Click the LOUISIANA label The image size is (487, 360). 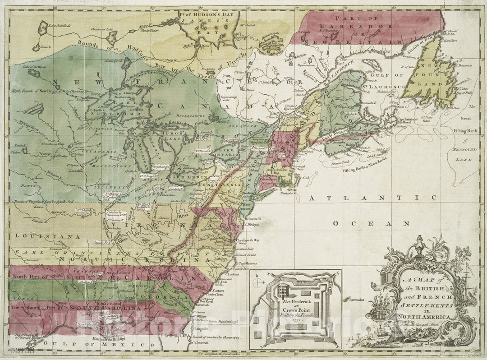pyautogui.click(x=35, y=236)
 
